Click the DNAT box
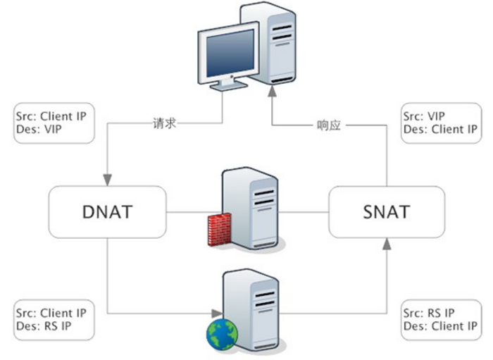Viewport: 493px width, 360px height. pyautogui.click(x=106, y=211)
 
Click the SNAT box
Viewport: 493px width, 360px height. pyautogui.click(x=386, y=211)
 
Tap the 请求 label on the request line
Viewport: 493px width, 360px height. pyautogui.click(x=163, y=123)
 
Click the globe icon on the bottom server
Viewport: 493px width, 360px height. pyautogui.click(x=220, y=335)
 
